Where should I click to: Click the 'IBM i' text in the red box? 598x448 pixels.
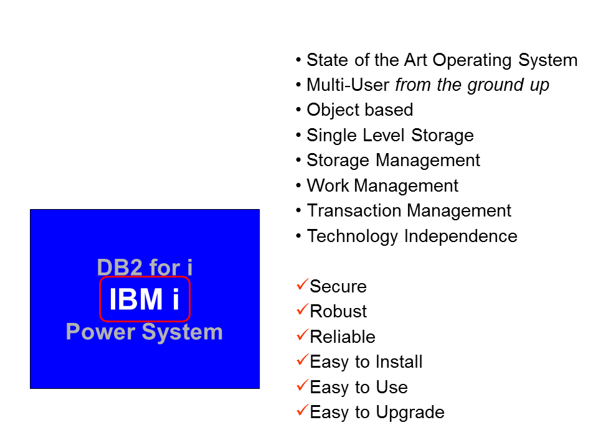click(x=145, y=299)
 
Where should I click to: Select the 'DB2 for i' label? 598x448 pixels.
click(x=145, y=268)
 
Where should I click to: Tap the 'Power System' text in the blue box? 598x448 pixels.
click(x=145, y=332)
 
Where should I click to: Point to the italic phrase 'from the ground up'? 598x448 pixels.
click(x=472, y=85)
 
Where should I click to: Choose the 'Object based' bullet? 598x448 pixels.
click(x=359, y=110)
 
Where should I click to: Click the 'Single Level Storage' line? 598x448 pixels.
click(x=390, y=136)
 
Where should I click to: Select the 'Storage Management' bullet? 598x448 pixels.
click(x=393, y=161)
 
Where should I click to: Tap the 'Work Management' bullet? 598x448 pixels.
click(x=382, y=186)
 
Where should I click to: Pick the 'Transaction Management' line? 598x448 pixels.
click(x=409, y=211)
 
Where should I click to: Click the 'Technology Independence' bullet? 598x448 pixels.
click(x=412, y=236)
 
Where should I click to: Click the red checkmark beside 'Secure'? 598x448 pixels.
click(x=302, y=285)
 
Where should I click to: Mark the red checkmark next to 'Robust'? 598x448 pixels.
click(x=302, y=310)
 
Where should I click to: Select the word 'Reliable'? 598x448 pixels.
click(x=343, y=337)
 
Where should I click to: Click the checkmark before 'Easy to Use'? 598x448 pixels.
click(x=302, y=386)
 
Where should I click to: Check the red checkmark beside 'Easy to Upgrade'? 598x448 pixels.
click(x=302, y=411)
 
